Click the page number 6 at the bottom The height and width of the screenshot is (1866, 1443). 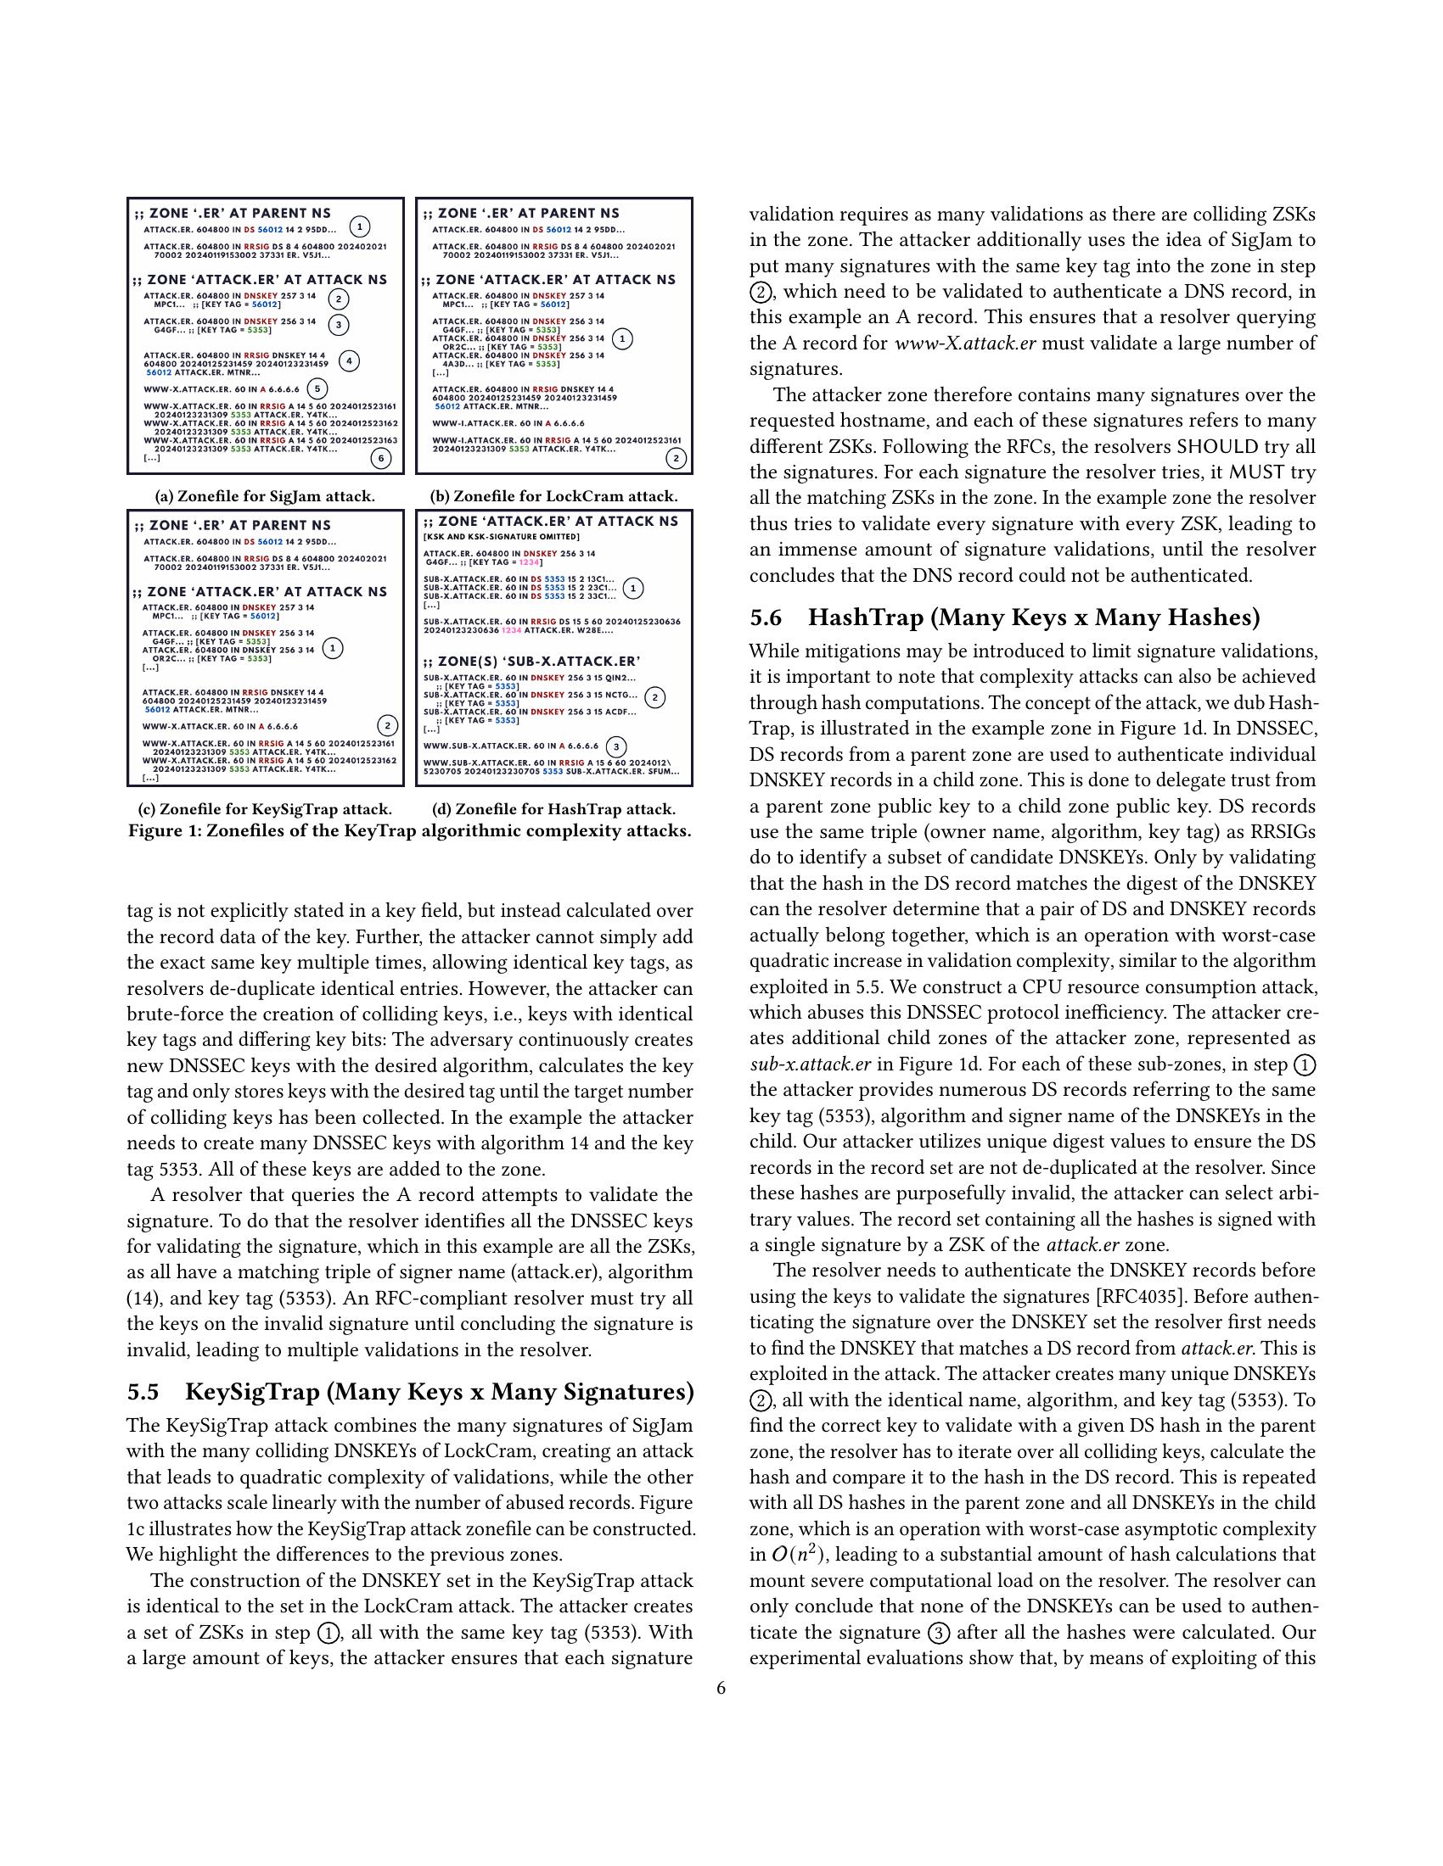tap(721, 1688)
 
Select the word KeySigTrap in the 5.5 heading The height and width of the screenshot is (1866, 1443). tap(252, 1393)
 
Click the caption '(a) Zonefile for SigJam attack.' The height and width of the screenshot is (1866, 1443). tap(265, 496)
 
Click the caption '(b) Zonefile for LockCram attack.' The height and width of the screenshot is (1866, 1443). tap(554, 496)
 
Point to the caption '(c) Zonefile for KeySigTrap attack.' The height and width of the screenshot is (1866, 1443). tap(265, 809)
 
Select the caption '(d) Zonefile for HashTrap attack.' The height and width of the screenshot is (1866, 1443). tap(554, 809)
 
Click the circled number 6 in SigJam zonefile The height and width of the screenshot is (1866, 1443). tap(381, 459)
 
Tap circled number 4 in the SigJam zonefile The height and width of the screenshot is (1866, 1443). tap(349, 360)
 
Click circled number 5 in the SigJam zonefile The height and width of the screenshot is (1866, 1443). tap(317, 388)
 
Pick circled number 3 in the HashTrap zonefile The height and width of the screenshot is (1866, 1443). tap(615, 746)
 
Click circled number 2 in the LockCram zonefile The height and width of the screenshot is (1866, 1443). tap(676, 459)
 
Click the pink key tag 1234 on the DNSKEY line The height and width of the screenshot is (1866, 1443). tap(531, 562)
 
